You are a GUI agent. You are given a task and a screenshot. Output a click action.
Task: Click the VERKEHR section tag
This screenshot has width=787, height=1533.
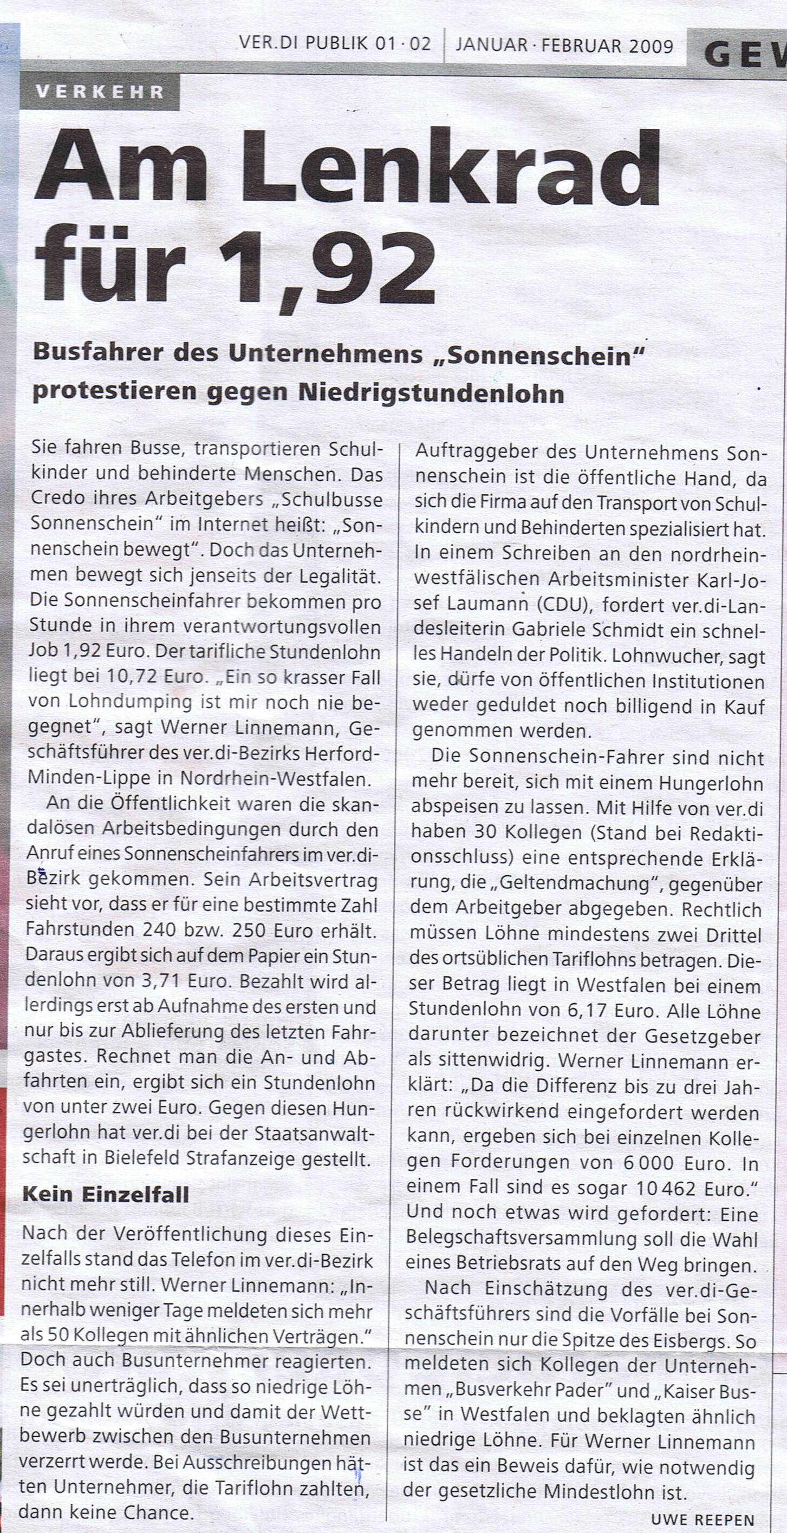[x=100, y=91]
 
